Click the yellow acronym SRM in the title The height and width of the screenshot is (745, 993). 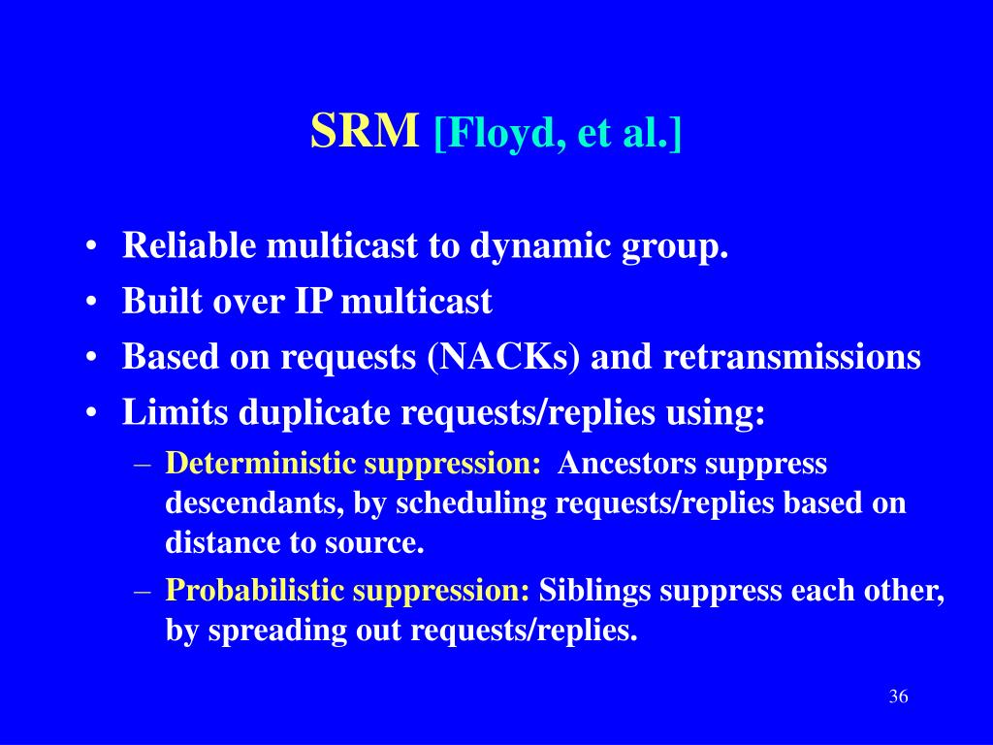(x=365, y=131)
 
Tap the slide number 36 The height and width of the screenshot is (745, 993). (x=898, y=696)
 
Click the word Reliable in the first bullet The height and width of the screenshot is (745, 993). (x=189, y=244)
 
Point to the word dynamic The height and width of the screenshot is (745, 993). (x=539, y=246)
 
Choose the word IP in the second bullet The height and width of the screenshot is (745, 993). (x=313, y=301)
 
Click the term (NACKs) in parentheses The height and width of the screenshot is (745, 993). (x=503, y=357)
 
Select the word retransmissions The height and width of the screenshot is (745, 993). (x=791, y=356)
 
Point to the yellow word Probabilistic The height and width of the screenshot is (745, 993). (x=255, y=590)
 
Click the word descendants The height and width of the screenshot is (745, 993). (x=254, y=503)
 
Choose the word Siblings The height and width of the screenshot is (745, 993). (x=594, y=591)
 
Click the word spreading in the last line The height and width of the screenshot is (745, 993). (x=276, y=631)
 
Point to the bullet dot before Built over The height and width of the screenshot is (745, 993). (x=91, y=303)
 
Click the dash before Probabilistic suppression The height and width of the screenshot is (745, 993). (x=143, y=592)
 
